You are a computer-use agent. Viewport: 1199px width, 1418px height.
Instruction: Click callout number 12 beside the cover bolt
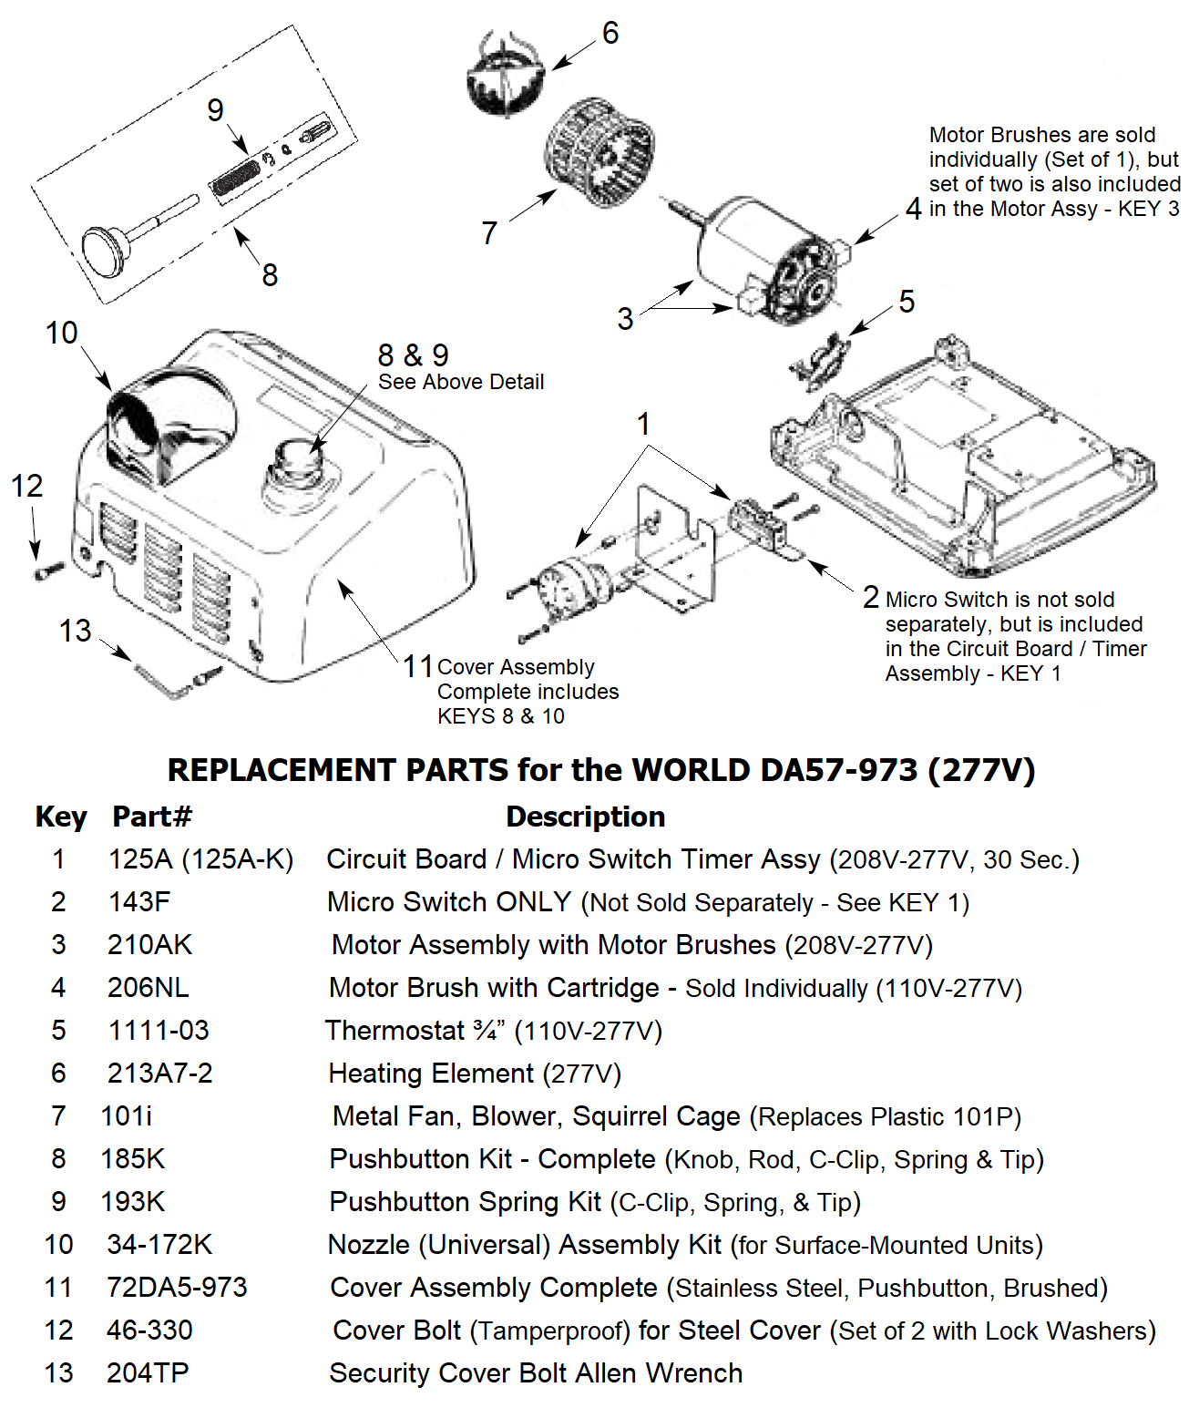[27, 486]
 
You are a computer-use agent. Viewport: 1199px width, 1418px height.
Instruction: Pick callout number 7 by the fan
[489, 233]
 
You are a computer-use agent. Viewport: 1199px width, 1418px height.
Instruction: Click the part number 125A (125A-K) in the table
[200, 859]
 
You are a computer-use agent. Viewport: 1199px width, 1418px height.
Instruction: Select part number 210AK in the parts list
[149, 945]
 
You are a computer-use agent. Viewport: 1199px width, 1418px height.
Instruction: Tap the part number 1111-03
[159, 1031]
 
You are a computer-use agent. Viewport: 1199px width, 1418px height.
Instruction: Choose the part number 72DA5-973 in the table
[177, 1288]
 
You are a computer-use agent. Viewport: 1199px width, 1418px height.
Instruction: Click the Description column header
[585, 817]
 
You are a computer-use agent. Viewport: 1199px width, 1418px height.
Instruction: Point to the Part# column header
[152, 817]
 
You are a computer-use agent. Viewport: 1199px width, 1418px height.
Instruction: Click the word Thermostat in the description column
[395, 1031]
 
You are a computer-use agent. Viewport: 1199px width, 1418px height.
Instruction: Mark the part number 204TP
[148, 1373]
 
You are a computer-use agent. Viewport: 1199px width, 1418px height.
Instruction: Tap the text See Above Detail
[461, 382]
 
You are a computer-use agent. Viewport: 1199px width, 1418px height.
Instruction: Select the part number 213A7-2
[159, 1074]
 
